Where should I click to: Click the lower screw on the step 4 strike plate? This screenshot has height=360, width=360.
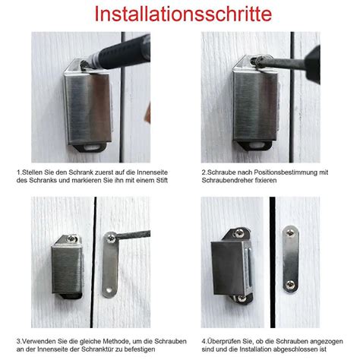pos(289,285)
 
